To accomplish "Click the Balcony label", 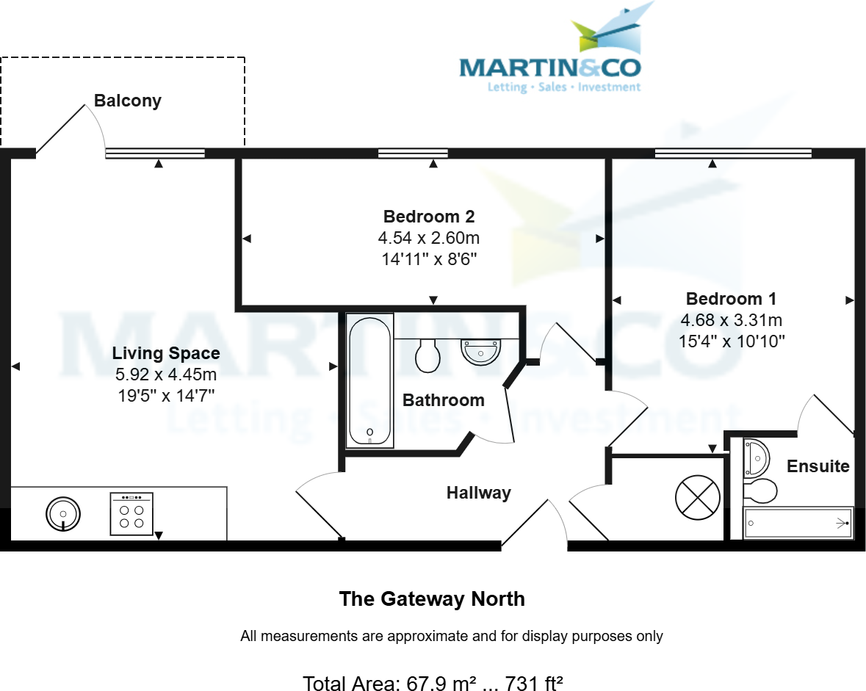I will [127, 101].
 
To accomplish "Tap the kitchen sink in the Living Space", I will [63, 513].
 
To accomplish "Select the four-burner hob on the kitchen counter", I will [131, 513].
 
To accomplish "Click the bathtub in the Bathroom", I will [370, 380].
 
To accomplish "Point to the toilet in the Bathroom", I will [427, 355].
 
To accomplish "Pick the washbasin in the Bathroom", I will [480, 351].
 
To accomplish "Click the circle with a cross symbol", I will [697, 496].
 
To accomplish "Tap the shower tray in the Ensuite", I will [798, 523].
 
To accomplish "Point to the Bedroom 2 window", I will [413, 153].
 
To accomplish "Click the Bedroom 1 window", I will [733, 153].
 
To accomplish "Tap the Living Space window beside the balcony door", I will [155, 153].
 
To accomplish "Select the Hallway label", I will [478, 493].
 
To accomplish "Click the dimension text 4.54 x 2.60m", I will [429, 238].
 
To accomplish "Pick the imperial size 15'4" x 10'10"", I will [732, 341].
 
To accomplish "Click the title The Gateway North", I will [432, 598].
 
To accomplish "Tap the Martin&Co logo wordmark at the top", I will [549, 68].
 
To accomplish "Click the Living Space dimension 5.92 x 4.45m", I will [166, 375].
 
